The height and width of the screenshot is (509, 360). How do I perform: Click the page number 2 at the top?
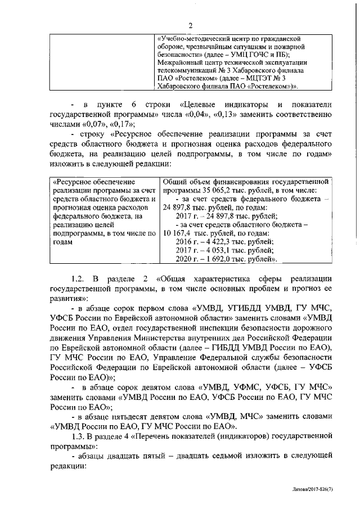tap(190, 25)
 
